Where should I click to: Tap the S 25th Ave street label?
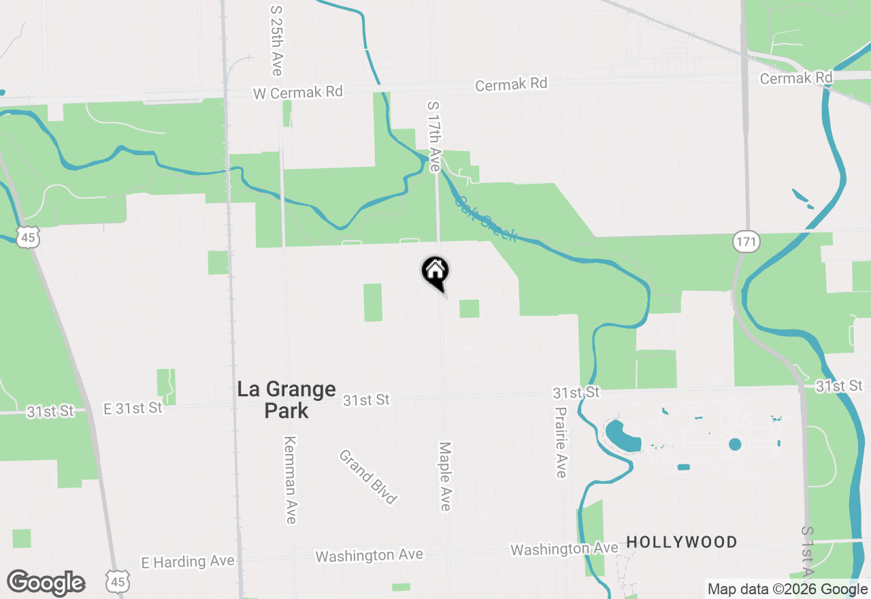point(276,41)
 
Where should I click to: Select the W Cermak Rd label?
point(297,92)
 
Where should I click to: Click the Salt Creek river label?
point(486,219)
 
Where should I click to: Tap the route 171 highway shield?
point(746,242)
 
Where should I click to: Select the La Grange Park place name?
point(286,400)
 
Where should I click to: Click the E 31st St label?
point(133,408)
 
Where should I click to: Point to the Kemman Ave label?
point(290,480)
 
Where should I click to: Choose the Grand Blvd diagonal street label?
point(367,477)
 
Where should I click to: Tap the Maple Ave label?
point(445,476)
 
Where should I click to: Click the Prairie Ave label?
point(561,442)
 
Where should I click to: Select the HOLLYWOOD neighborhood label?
point(682,543)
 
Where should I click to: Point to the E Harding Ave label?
point(188,562)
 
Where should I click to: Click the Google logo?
point(46,583)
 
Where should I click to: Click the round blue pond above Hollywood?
point(735,444)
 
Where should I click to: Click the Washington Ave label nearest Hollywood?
point(565,548)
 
